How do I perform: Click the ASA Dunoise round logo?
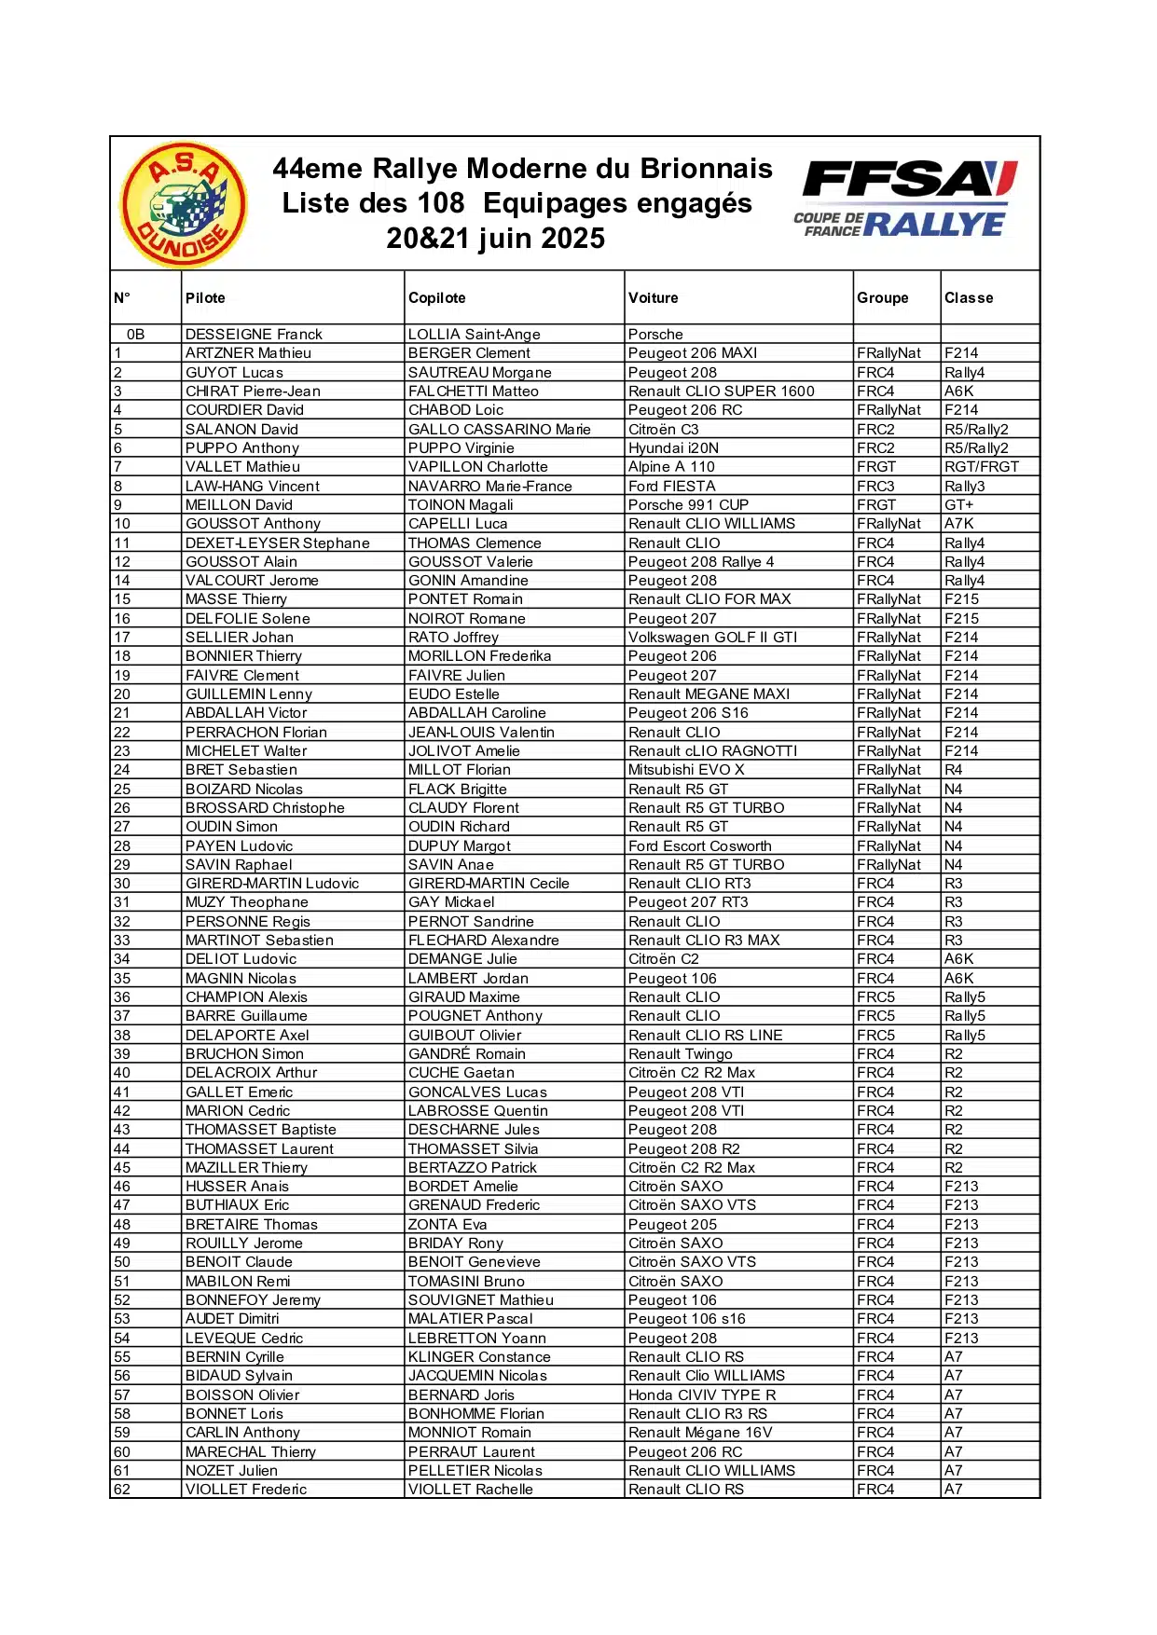tap(184, 204)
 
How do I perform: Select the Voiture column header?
tap(653, 298)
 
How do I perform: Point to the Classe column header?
tap(969, 298)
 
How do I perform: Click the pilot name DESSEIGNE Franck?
tap(254, 335)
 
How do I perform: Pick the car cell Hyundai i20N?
tap(673, 448)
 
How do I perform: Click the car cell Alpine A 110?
tap(671, 467)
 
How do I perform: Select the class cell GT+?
tap(958, 505)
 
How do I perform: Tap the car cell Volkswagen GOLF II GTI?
tap(712, 638)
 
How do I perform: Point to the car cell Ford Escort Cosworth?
tap(699, 846)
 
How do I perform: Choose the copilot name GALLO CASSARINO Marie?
tap(499, 430)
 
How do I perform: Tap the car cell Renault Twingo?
tap(680, 1054)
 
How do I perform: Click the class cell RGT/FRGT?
tap(981, 467)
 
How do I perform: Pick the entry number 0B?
tap(136, 335)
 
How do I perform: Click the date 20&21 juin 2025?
tap(495, 239)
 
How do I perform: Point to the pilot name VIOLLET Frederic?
tap(246, 1490)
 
